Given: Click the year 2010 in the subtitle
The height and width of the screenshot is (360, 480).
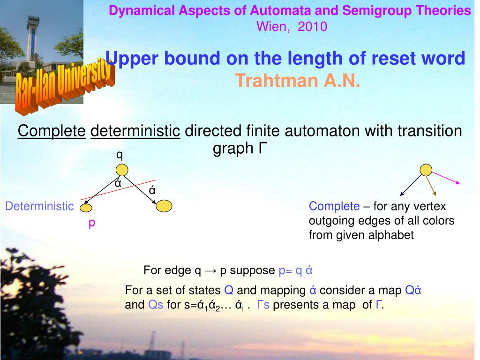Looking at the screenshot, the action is [312, 27].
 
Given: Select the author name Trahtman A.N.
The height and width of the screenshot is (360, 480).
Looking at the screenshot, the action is [298, 81].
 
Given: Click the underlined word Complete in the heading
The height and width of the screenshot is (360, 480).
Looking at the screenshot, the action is [52, 131].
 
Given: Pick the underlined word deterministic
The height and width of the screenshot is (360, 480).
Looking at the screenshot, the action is [135, 131].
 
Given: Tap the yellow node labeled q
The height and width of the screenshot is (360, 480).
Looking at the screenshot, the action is [122, 170].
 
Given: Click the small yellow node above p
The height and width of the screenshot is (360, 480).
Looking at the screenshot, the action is [86, 208].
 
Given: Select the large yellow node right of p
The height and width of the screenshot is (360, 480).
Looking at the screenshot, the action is [164, 206].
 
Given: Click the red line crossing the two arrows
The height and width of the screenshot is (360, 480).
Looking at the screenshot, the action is [118, 190].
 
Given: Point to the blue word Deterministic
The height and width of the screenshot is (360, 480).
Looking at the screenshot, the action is [39, 206].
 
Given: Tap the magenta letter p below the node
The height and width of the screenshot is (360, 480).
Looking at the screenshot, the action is [91, 223].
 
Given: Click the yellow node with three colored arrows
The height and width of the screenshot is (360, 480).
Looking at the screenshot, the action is [426, 170].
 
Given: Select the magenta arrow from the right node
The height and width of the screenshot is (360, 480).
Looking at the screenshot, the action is [446, 178].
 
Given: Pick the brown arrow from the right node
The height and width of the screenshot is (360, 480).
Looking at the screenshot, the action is [431, 186].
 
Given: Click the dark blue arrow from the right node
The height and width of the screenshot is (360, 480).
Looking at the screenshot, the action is [411, 185].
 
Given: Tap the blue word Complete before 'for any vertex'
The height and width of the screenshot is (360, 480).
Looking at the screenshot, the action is [334, 206].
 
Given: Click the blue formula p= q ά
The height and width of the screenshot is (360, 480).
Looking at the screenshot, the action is [295, 270].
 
